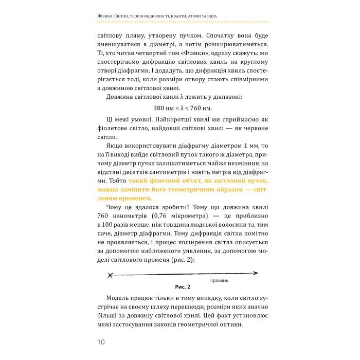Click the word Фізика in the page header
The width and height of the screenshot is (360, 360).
tap(107, 16)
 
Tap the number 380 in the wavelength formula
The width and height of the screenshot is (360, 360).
tap(160, 108)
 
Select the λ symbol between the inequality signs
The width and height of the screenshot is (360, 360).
tap(187, 108)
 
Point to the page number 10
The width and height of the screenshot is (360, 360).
tap(101, 342)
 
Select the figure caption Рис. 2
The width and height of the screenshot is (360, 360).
tap(183, 286)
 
